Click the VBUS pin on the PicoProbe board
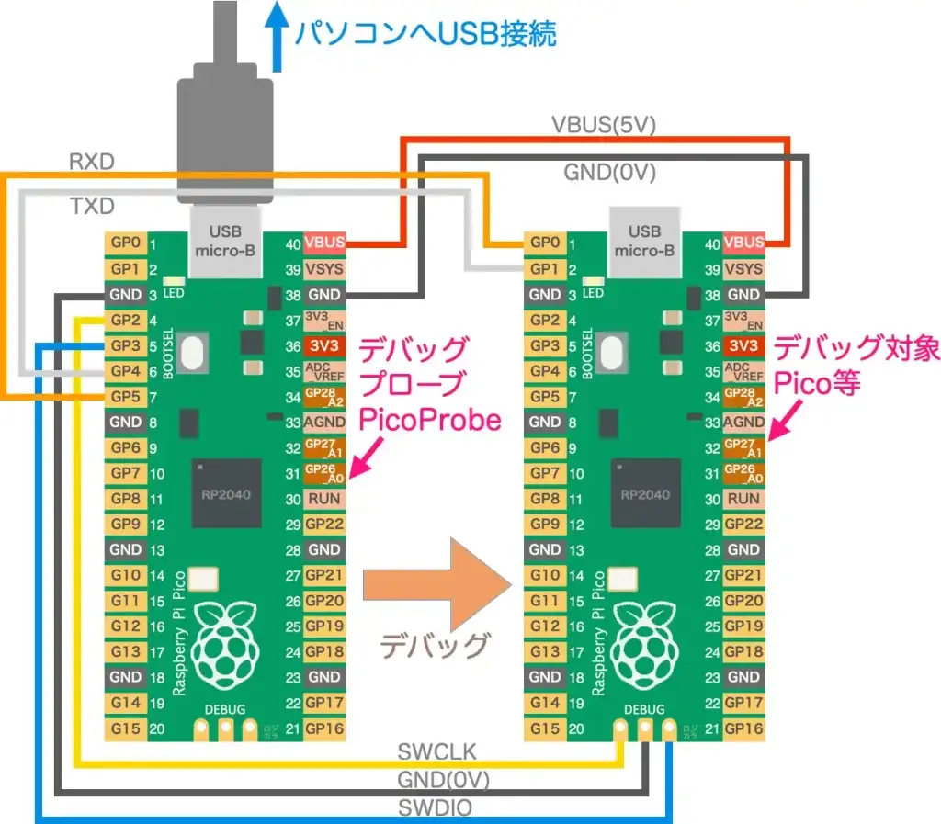click(x=324, y=243)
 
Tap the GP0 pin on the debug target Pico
click(x=544, y=243)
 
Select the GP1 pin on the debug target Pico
click(x=544, y=269)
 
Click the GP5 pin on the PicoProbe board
click(x=126, y=397)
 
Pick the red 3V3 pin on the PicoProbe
click(x=324, y=346)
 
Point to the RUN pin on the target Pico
click(x=743, y=499)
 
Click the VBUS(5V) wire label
click(x=603, y=125)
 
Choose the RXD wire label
click(x=91, y=163)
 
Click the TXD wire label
click(x=92, y=208)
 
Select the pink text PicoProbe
click(x=429, y=421)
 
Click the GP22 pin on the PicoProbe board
click(x=324, y=525)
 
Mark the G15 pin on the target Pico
click(x=544, y=728)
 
